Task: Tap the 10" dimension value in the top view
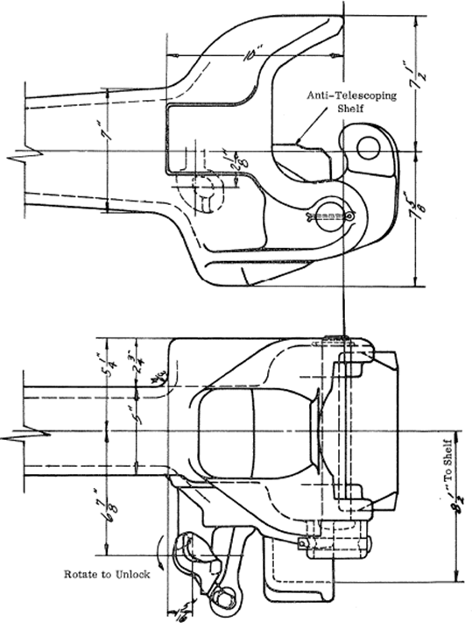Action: tap(251, 54)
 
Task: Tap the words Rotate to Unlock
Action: tap(108, 575)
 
